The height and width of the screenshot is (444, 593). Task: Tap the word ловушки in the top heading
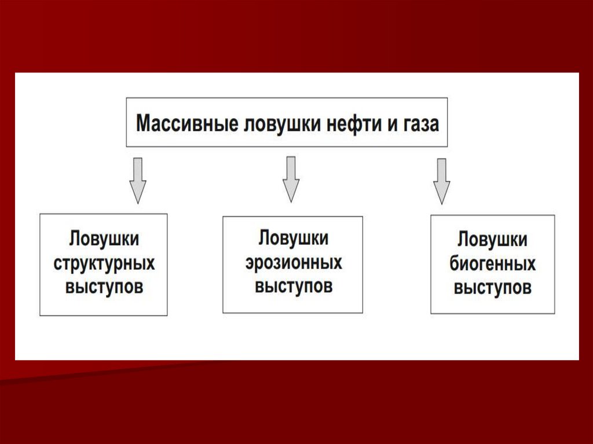281,124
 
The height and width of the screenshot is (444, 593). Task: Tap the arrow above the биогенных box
442,181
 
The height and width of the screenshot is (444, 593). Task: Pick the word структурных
104,264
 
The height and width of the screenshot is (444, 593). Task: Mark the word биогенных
493,265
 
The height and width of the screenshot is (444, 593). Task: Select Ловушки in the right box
493,240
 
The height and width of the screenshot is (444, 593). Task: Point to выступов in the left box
104,288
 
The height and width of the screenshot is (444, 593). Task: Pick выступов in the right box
493,288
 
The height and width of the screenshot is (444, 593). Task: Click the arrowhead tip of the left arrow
137,202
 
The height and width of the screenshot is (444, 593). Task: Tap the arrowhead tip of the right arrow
442,203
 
